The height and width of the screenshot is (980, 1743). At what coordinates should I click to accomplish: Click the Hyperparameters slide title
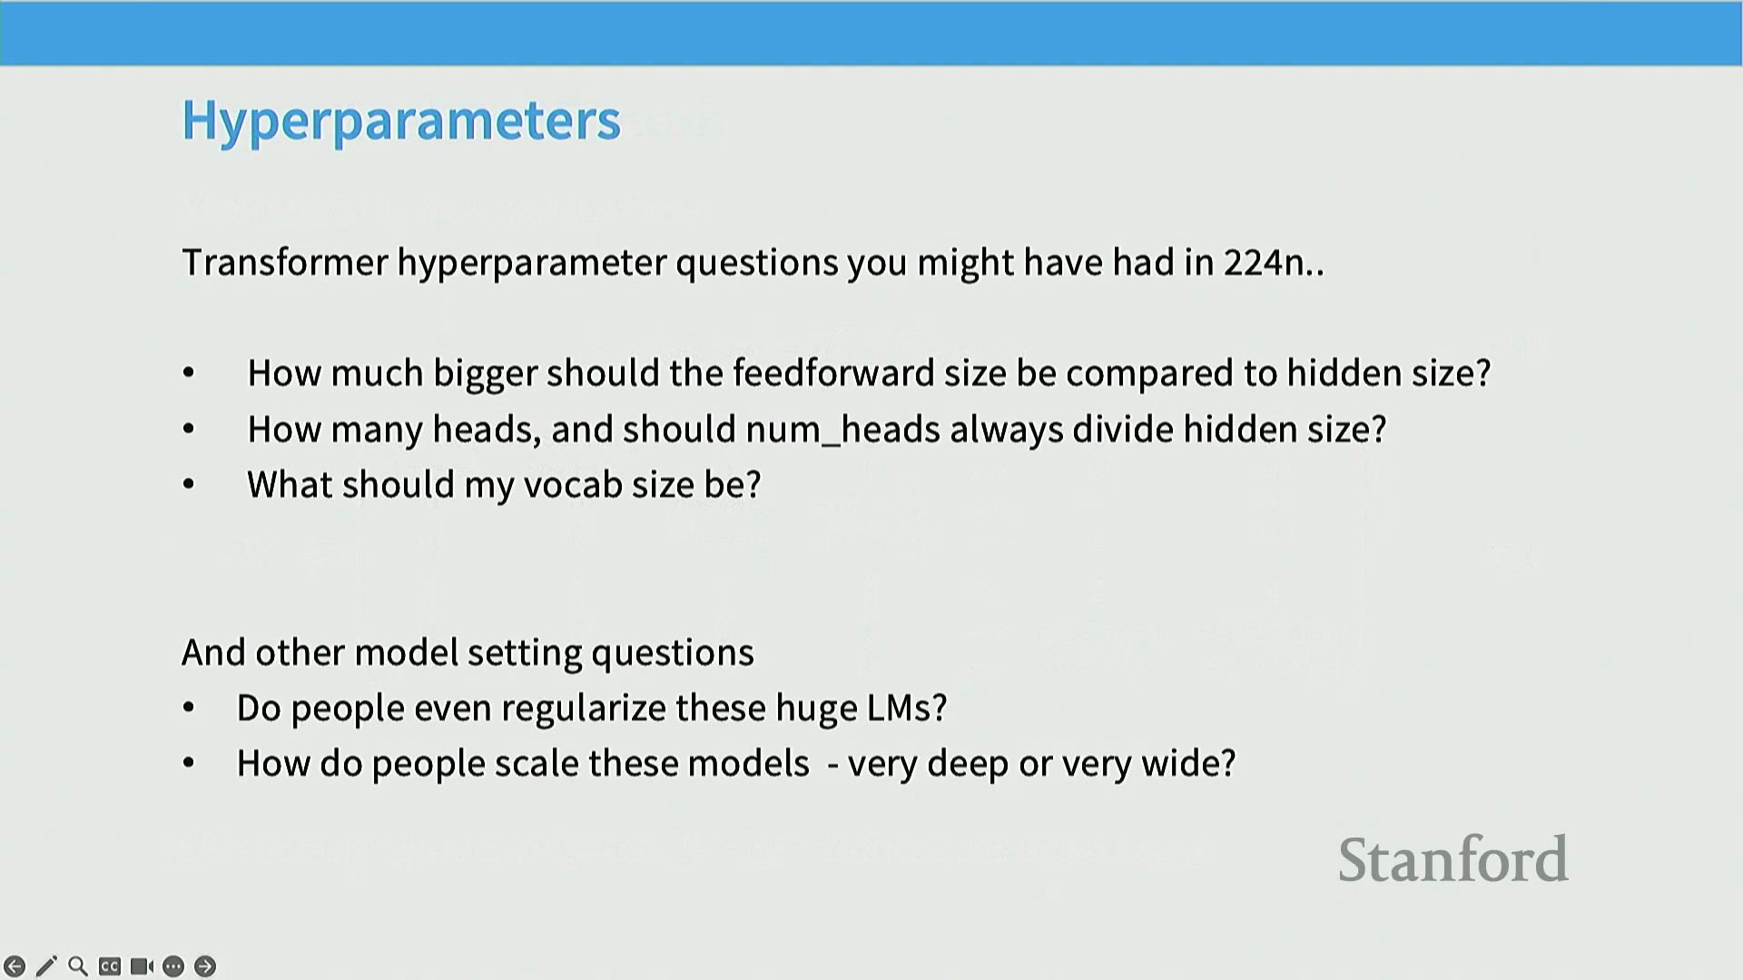(x=401, y=121)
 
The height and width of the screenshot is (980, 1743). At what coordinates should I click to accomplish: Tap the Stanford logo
(x=1453, y=859)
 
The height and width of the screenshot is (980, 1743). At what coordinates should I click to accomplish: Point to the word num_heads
(x=842, y=429)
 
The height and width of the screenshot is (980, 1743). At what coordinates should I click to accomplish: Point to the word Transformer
(x=285, y=262)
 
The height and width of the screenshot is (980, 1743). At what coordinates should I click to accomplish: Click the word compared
(x=1149, y=374)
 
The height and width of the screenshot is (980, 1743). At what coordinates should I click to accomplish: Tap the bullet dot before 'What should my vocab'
(x=189, y=485)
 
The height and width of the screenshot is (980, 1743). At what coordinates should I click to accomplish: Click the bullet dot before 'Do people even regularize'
(x=189, y=708)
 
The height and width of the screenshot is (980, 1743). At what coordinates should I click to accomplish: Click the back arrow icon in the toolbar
(x=15, y=966)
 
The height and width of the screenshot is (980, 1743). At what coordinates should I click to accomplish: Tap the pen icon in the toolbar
(x=46, y=966)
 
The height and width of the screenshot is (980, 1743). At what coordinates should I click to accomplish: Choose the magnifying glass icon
(x=78, y=966)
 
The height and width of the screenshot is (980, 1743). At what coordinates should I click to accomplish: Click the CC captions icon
(x=110, y=966)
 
